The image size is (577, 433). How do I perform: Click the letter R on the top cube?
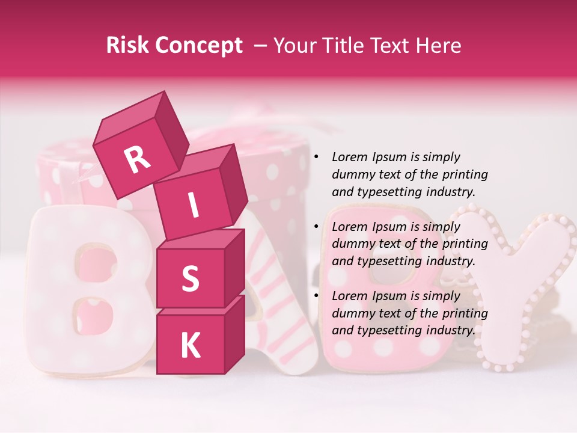point(137,160)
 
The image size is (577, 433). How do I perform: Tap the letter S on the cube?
point(190,278)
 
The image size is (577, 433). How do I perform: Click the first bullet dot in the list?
point(316,158)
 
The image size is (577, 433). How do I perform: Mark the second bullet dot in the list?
point(316,227)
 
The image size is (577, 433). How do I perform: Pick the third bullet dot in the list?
point(316,296)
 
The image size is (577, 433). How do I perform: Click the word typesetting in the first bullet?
point(389,192)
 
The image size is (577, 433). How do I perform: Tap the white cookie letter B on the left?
point(84,283)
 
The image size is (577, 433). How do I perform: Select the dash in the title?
point(261,46)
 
